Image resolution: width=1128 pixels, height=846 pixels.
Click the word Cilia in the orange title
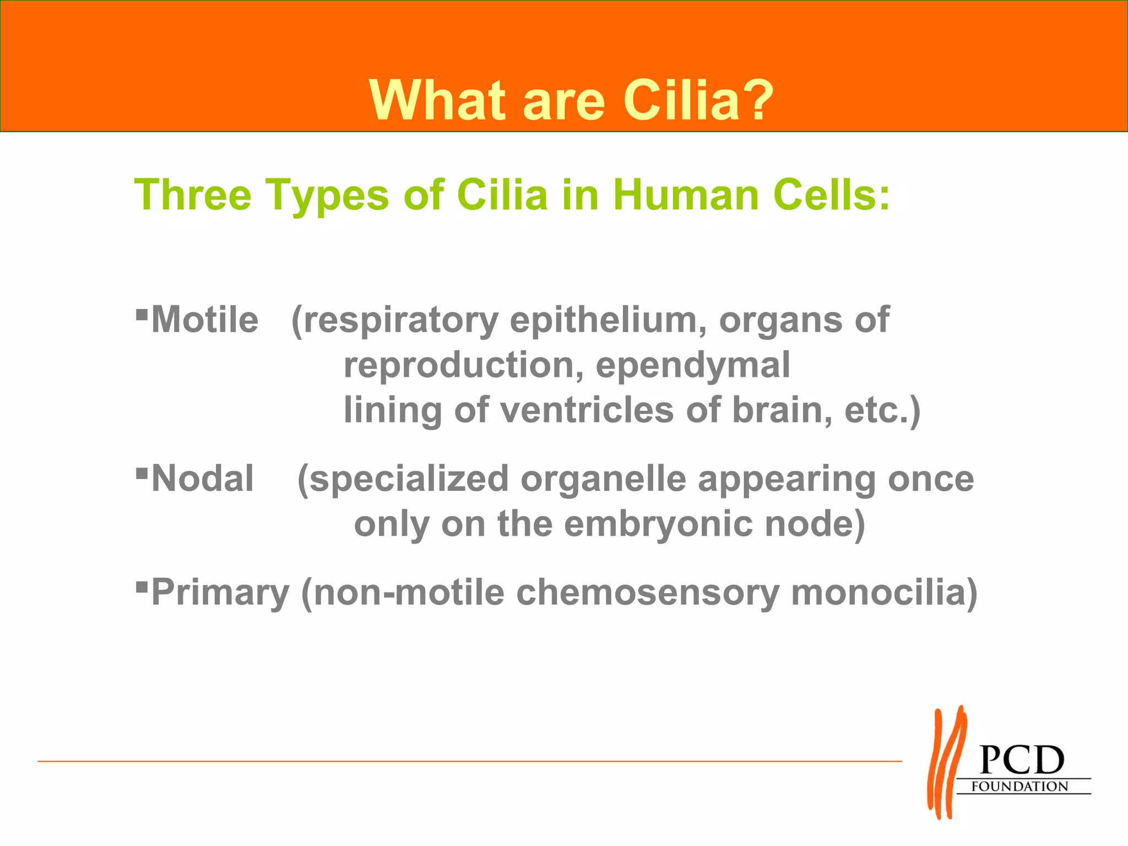pos(681,101)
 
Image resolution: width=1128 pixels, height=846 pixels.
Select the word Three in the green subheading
pos(193,195)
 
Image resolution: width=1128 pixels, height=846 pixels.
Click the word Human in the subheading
pos(686,195)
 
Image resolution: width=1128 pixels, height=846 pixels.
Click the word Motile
pos(205,321)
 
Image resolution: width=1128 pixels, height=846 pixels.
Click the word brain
pos(782,411)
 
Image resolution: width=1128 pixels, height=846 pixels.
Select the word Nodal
pos(203,479)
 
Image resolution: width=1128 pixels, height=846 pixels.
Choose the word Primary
pos(220,594)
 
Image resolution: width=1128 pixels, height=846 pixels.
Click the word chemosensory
pos(648,593)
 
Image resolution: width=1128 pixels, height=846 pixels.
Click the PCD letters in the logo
pos(1022,761)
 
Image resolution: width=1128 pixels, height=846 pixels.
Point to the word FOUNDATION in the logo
pos(1019,787)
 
